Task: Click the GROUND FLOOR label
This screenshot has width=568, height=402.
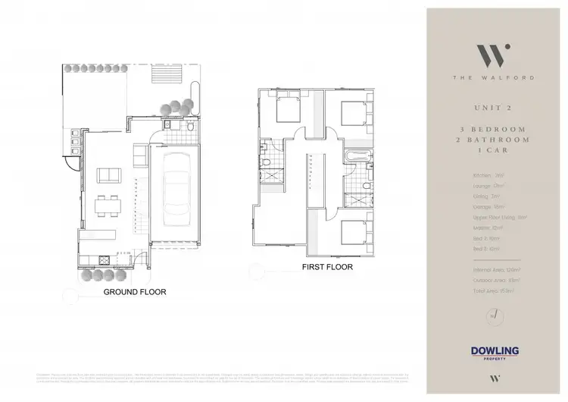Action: pyautogui.click(x=136, y=291)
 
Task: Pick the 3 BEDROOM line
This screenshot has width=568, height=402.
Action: pyautogui.click(x=492, y=130)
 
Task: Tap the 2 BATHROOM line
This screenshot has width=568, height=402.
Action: pyautogui.click(x=492, y=141)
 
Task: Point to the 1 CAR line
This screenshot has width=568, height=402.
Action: pyautogui.click(x=492, y=152)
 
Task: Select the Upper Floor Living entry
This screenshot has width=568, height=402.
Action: pyautogui.click(x=488, y=216)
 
